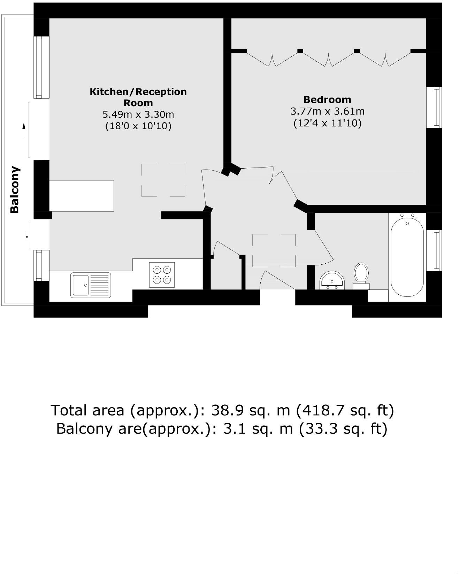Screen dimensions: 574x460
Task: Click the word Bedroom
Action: coord(327,100)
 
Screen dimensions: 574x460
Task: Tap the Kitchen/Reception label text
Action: coord(138,92)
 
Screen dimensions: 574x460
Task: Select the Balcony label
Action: coord(15,189)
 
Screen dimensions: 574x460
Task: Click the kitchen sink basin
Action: coord(80,285)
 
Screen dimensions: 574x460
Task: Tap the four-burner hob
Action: coord(162,274)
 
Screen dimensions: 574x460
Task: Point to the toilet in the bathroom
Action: coord(361,274)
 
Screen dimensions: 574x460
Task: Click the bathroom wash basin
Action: coord(332,280)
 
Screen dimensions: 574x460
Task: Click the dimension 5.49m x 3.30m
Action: coord(138,114)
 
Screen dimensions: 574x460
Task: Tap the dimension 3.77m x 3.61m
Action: coord(327,111)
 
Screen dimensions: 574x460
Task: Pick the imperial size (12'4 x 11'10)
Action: coord(327,123)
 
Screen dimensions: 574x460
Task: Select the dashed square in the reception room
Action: coord(163,180)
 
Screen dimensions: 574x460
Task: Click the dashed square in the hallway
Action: coord(274,250)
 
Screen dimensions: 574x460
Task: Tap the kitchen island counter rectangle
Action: coord(82,195)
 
